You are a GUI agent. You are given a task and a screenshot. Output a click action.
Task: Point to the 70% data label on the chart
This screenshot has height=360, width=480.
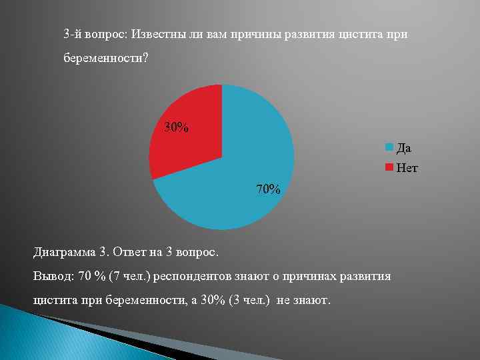point(269,189)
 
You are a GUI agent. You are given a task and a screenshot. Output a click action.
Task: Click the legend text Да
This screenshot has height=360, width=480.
point(404,147)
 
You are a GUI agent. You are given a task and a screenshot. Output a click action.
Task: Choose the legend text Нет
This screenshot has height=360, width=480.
point(407,168)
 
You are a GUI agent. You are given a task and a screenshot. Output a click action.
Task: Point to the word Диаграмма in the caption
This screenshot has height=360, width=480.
point(64,252)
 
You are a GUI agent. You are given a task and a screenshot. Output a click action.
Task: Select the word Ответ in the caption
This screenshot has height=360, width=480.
point(131,252)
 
